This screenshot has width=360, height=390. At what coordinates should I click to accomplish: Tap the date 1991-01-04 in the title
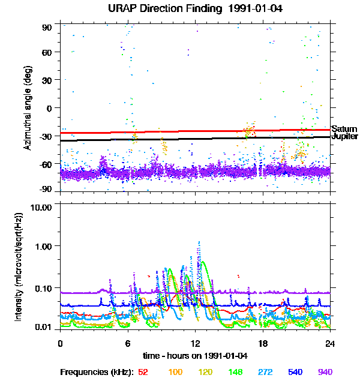coord(230,8)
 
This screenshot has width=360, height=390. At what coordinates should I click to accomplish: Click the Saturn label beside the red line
coord(344,129)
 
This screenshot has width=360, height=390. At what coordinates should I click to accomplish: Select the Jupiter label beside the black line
coord(345,137)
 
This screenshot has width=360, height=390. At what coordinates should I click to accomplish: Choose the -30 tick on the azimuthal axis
coord(46,136)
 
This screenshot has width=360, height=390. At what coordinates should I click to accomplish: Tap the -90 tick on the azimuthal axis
coord(46,188)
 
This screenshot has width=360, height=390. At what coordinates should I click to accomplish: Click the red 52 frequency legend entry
coord(143,373)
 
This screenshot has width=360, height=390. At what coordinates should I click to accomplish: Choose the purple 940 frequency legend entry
coord(324,373)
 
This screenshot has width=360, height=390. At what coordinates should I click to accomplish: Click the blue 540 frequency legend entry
coord(295,373)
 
